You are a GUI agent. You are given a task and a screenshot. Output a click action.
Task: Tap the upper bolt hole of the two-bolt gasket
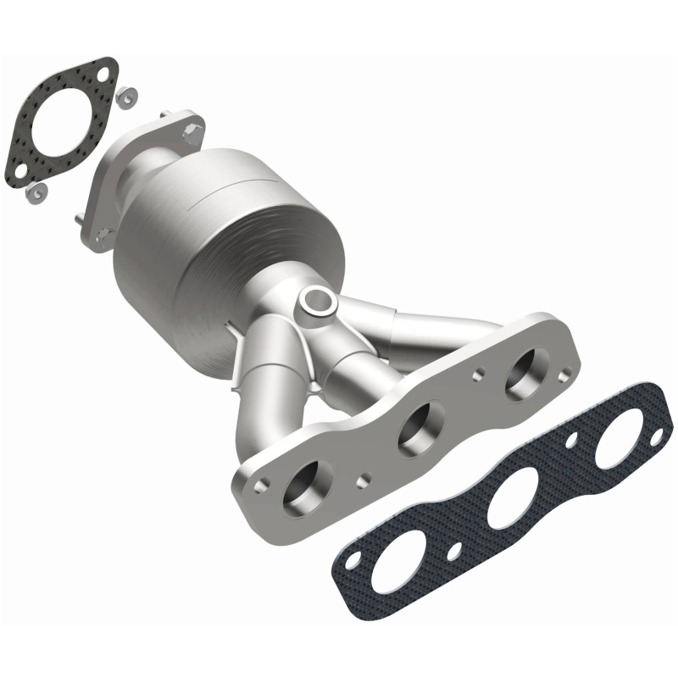click(x=102, y=75)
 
